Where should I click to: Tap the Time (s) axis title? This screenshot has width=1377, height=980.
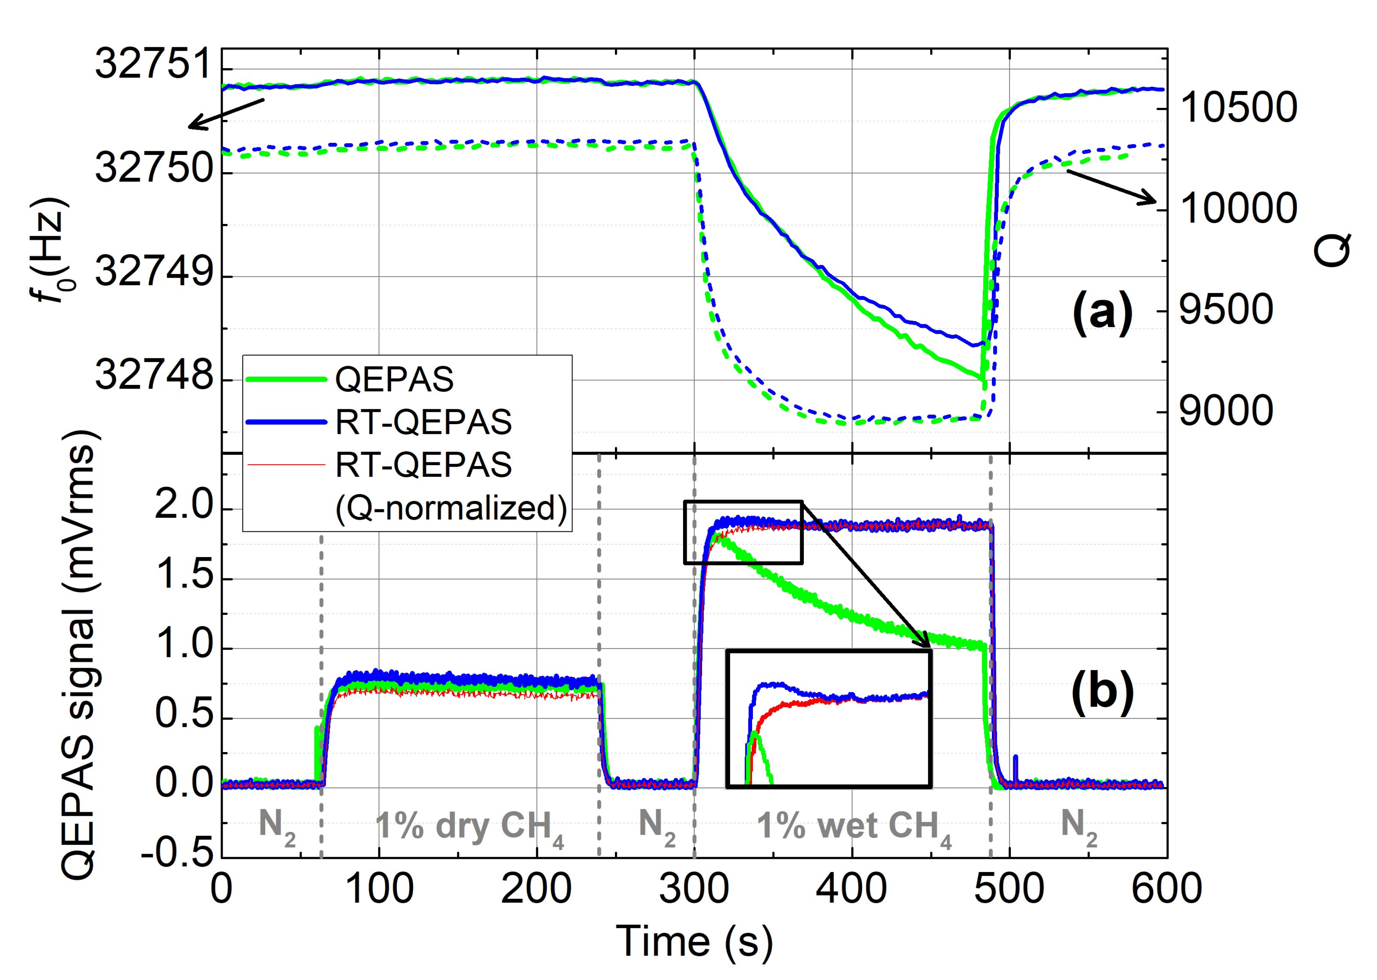pos(694,942)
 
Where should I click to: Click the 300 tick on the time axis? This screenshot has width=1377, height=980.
pos(694,889)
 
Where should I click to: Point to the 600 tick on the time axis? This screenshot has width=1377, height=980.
pos(1166,889)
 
